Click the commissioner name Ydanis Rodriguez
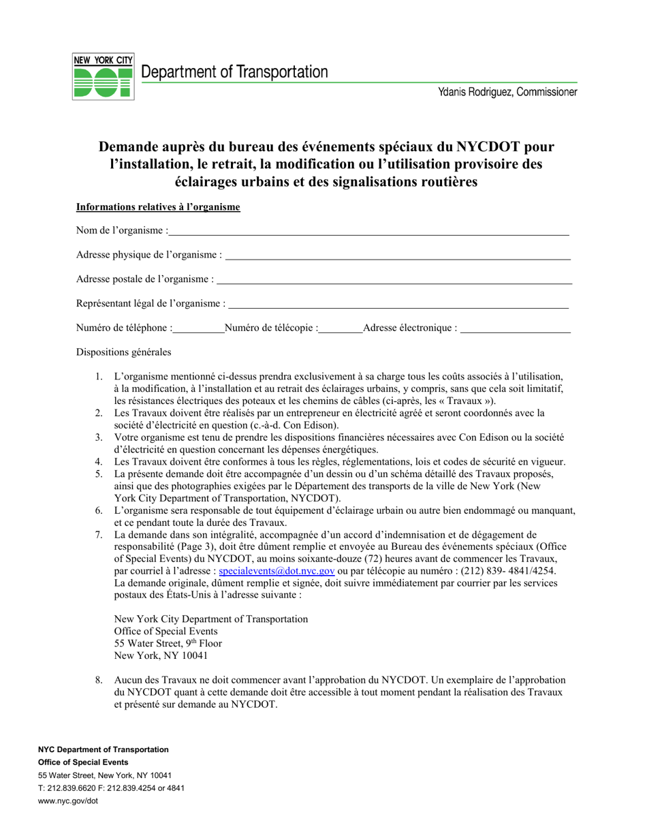point(508,92)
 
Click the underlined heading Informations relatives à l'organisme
point(158,207)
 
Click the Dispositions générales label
point(124,352)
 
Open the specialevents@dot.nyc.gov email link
point(277,571)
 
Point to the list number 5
point(99,474)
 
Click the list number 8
point(99,680)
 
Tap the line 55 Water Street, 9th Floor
point(168,643)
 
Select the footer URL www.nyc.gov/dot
point(68,801)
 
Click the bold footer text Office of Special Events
point(83,762)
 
